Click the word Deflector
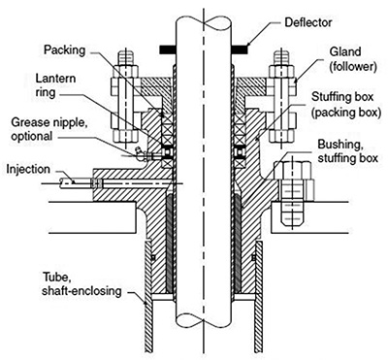point(307,23)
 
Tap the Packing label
point(65,50)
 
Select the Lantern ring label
point(55,85)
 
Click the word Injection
point(28,169)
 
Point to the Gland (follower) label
point(352,59)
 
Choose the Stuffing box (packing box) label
point(346,104)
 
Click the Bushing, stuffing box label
point(348,151)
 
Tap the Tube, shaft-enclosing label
point(81,284)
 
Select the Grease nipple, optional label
point(48,129)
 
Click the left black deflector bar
point(168,49)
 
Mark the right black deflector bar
point(241,49)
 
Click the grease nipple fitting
point(142,155)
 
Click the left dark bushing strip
point(170,244)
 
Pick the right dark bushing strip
point(238,244)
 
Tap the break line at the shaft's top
point(204,20)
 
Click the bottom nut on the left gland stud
point(126,134)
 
